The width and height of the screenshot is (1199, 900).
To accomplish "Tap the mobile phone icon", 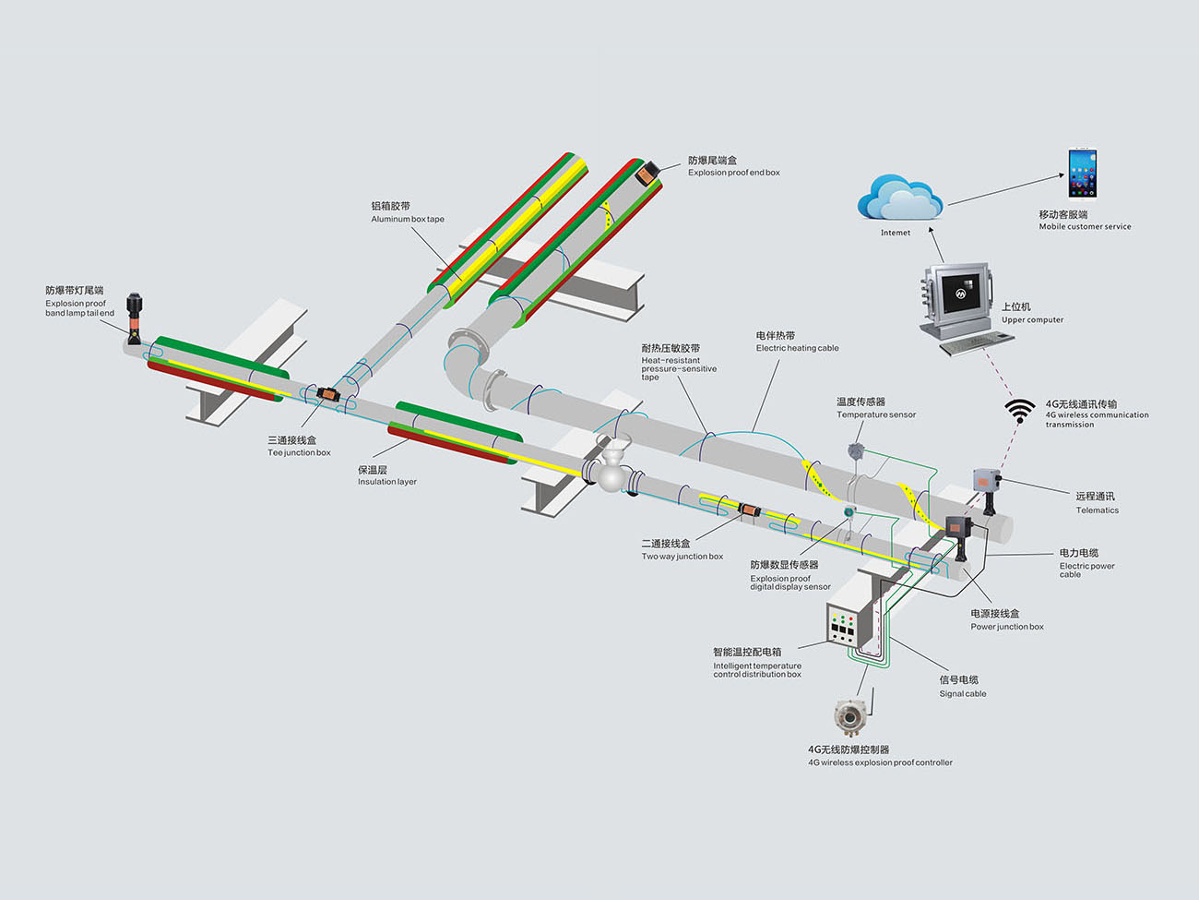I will click(1082, 173).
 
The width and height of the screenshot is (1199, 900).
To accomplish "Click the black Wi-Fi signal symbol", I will click(1019, 410).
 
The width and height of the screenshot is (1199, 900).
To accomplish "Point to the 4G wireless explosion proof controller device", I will click(849, 714).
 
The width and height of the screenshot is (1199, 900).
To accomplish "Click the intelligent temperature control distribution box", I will click(848, 630).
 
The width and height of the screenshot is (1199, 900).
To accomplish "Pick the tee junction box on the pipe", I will click(326, 394).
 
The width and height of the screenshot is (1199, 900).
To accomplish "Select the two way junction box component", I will click(748, 509).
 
